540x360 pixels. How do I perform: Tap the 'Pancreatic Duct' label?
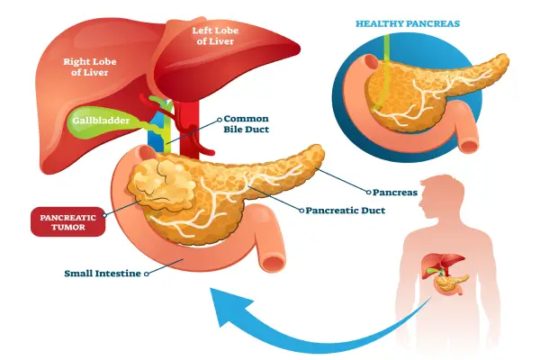pyautogui.click(x=346, y=211)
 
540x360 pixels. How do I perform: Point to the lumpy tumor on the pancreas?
pyautogui.click(x=166, y=184)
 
